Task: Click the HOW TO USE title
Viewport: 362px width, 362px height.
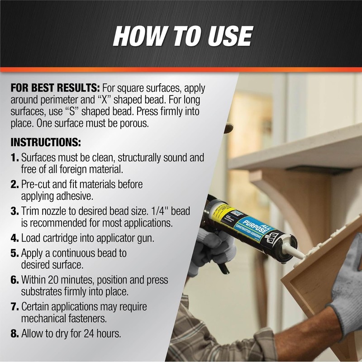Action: pyautogui.click(x=182, y=36)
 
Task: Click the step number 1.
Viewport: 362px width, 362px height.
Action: pyautogui.click(x=14, y=158)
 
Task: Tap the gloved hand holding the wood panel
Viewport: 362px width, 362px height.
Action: pyautogui.click(x=346, y=290)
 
